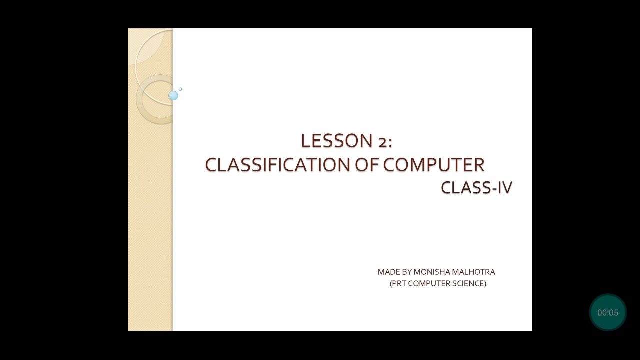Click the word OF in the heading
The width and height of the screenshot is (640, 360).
[367, 165]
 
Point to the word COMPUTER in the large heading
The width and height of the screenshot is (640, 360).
[434, 165]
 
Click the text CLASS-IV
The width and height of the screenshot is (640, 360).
[476, 188]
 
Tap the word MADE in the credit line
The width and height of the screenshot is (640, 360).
[388, 272]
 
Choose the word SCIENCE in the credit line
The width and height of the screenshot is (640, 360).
[469, 284]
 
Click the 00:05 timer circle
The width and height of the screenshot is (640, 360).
[608, 313]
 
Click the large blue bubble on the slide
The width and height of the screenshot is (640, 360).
[173, 95]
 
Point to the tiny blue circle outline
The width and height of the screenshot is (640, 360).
[180, 89]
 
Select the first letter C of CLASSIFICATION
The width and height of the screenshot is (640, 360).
[210, 165]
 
